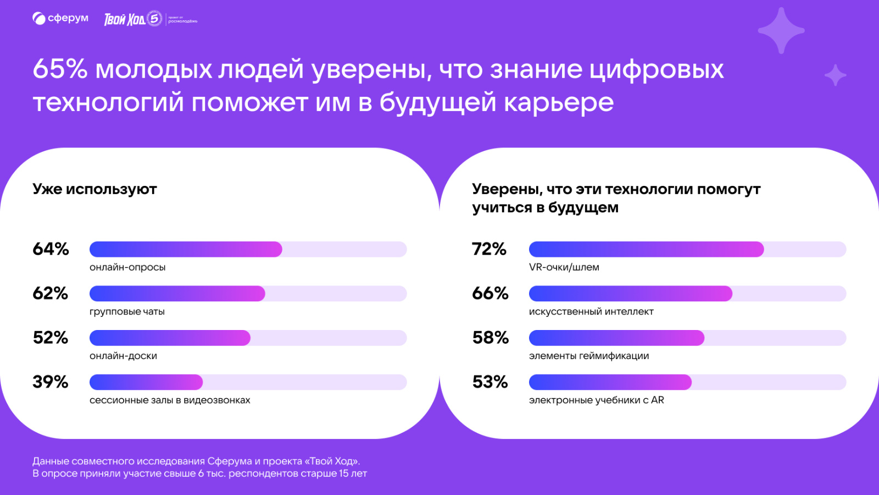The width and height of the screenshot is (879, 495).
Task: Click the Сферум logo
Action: (x=60, y=19)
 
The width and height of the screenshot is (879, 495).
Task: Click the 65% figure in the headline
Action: (x=60, y=69)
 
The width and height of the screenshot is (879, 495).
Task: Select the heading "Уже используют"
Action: (x=94, y=189)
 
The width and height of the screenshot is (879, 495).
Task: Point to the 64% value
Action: (x=51, y=249)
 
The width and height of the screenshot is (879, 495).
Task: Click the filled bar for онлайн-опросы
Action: (x=186, y=249)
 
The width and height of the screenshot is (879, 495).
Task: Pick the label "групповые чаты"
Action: (x=127, y=311)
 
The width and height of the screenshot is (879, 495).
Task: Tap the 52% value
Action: (x=51, y=338)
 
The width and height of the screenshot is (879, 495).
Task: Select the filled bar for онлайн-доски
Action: (x=170, y=338)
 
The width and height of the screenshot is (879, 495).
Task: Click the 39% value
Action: (x=51, y=382)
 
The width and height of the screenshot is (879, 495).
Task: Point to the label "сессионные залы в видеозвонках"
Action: (x=170, y=400)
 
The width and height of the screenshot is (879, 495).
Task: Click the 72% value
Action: (x=489, y=249)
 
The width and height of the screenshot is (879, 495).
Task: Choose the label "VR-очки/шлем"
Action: (x=564, y=267)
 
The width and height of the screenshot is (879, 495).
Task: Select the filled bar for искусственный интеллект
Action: (x=630, y=294)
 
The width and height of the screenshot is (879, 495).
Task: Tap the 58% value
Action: (x=491, y=338)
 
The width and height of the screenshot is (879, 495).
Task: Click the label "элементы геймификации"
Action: (x=589, y=356)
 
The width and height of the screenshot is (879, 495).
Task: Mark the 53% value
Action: (x=490, y=382)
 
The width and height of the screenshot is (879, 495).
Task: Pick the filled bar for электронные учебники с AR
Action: (x=610, y=382)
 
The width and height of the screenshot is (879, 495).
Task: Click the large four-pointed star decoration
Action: (x=781, y=31)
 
